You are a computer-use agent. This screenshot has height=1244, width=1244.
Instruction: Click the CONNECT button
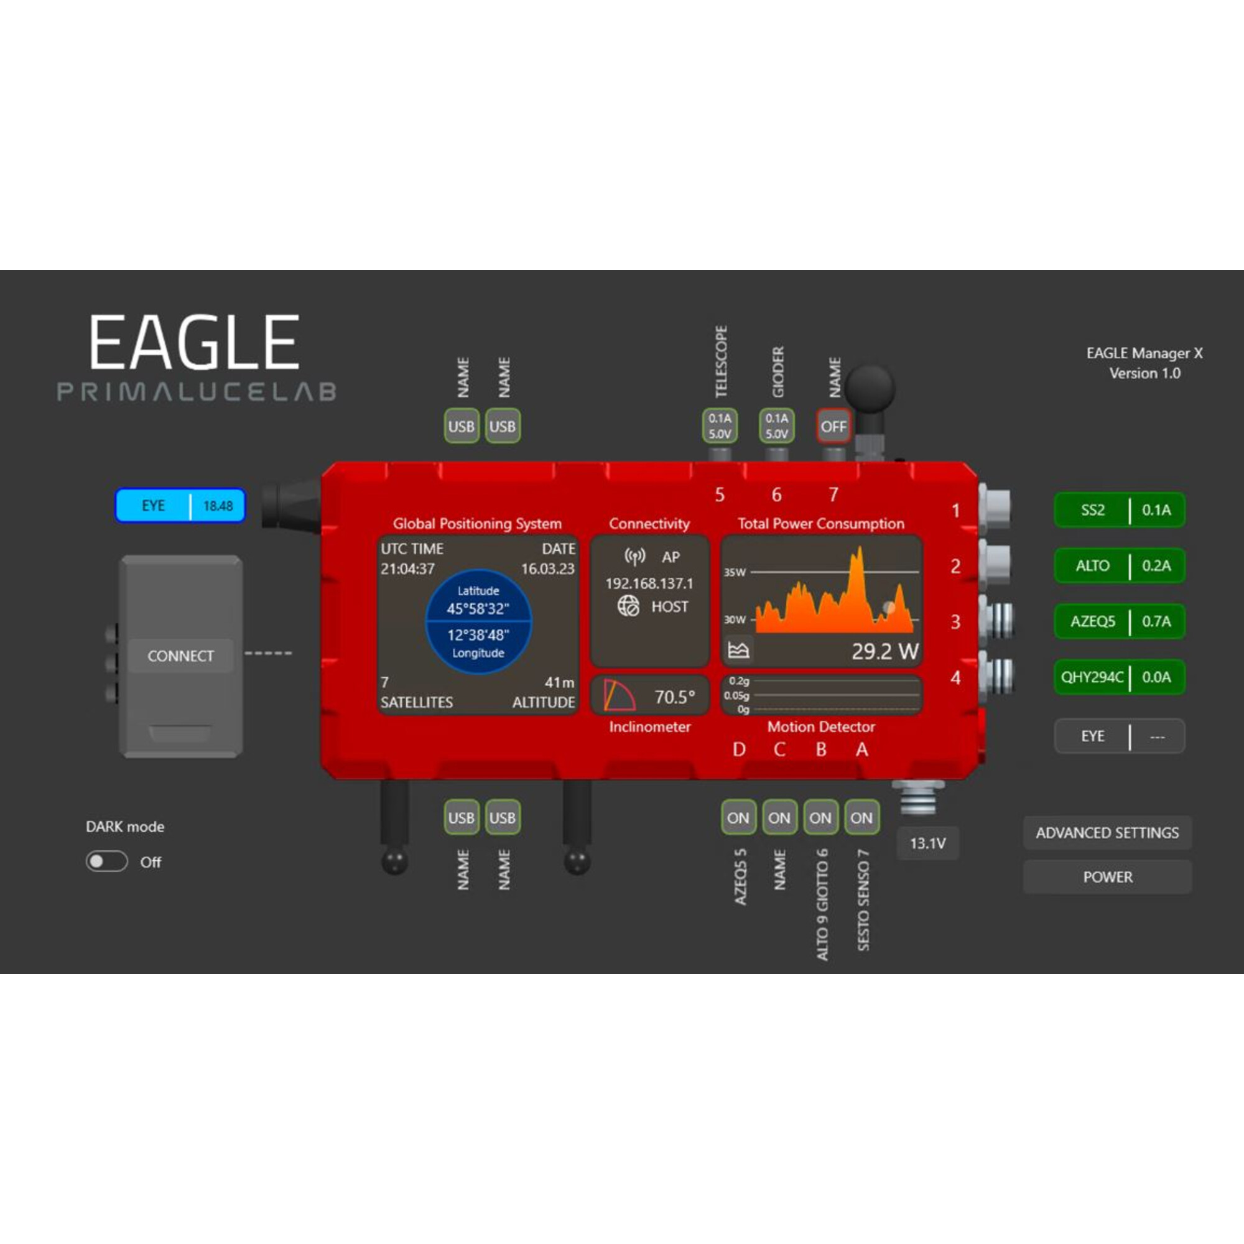click(x=180, y=656)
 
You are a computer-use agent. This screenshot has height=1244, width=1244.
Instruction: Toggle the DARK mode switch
click(x=107, y=861)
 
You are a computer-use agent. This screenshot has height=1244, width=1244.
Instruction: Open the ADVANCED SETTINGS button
click(x=1107, y=833)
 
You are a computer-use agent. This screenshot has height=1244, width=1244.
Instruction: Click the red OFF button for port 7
click(x=833, y=426)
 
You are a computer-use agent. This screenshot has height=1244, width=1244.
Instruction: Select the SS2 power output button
click(x=1119, y=510)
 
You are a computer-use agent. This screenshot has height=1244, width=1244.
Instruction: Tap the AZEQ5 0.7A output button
click(x=1119, y=621)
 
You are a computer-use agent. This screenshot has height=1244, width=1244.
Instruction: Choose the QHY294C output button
click(x=1119, y=677)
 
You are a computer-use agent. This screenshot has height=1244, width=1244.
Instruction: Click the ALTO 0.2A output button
click(x=1119, y=565)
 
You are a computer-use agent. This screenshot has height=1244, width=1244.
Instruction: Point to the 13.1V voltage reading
click(x=927, y=843)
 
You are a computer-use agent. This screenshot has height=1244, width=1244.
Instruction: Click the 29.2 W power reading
click(x=884, y=652)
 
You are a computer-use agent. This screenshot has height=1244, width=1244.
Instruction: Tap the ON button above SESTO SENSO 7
click(x=861, y=818)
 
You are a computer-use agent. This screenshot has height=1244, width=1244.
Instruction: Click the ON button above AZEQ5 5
click(x=738, y=818)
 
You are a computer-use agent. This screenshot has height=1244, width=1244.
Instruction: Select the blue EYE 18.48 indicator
click(x=180, y=506)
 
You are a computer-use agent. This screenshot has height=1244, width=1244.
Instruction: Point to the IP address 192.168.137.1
click(x=649, y=583)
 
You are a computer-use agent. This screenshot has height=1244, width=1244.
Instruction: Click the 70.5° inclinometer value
click(x=674, y=697)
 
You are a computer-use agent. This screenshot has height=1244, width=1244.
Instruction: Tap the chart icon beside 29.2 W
click(x=738, y=650)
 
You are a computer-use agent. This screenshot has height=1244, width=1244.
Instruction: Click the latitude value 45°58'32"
click(x=478, y=608)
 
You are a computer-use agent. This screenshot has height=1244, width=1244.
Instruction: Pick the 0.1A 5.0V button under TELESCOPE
click(x=719, y=426)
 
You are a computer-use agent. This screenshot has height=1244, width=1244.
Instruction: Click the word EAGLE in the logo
click(x=194, y=343)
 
